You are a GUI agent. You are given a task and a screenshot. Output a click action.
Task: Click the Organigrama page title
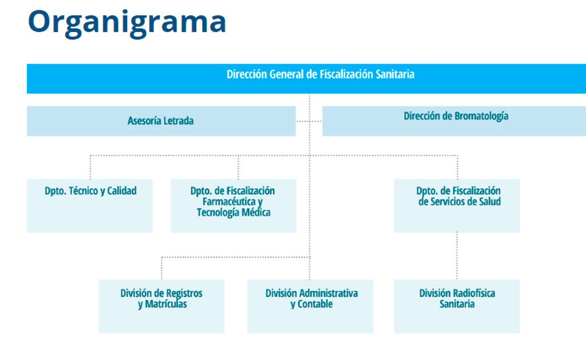point(127,22)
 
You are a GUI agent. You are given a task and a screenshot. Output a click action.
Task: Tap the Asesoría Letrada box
point(161,121)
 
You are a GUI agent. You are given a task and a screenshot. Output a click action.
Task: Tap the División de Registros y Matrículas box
point(162,306)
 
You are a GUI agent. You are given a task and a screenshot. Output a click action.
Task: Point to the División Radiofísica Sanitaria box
point(457,306)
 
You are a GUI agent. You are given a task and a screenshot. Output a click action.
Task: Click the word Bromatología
point(481,116)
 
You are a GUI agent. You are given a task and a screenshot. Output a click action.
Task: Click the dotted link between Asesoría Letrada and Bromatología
point(309,121)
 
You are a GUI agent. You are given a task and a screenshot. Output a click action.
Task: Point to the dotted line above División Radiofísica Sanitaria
point(457,255)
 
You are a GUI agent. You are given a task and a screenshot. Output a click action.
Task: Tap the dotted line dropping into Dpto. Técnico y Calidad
point(90,167)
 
